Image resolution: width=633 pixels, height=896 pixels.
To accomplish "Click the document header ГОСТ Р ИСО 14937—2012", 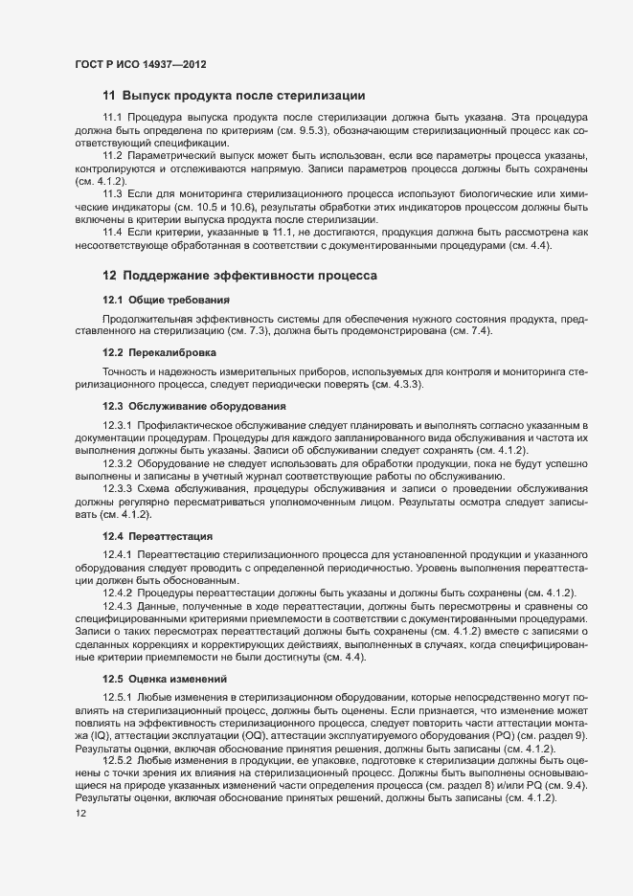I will coord(140,64).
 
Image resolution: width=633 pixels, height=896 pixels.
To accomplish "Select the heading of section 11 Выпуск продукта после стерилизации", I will coord(233,95).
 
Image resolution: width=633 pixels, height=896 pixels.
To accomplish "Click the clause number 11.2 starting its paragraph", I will coord(114,155).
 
